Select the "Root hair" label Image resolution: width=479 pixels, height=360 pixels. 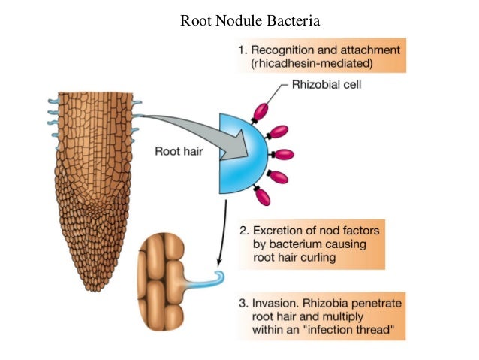pyautogui.click(x=178, y=150)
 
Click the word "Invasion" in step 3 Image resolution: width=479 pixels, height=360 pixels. pyautogui.click(x=275, y=303)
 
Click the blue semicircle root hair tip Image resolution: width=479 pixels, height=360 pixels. pyautogui.click(x=239, y=151)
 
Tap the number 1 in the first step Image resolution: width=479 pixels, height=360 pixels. pyautogui.click(x=241, y=50)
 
